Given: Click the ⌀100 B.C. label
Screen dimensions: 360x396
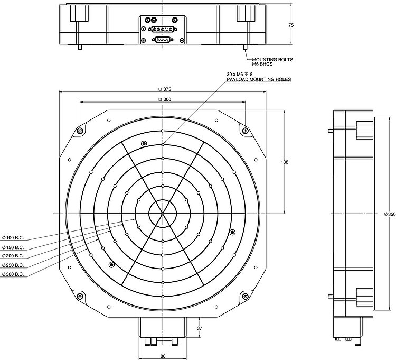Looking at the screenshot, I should (x=13, y=238).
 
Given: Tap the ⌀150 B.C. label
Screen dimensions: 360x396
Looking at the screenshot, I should (x=13, y=247).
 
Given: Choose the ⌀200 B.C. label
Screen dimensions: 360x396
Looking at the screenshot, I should (x=13, y=256).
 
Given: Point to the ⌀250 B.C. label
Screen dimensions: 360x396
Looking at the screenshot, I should (x=13, y=265).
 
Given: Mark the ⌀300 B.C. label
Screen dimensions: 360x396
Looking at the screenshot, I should (x=13, y=274).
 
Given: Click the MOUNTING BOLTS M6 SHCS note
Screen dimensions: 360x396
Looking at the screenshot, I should (x=272, y=62).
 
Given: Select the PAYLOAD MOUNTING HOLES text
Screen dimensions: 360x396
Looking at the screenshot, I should (x=259, y=80).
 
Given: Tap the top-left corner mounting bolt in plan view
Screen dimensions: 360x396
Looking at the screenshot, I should (x=80, y=131).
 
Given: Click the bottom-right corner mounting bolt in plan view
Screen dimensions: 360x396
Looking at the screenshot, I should (x=246, y=297).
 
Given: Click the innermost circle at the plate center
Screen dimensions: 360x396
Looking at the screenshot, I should (x=163, y=213).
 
